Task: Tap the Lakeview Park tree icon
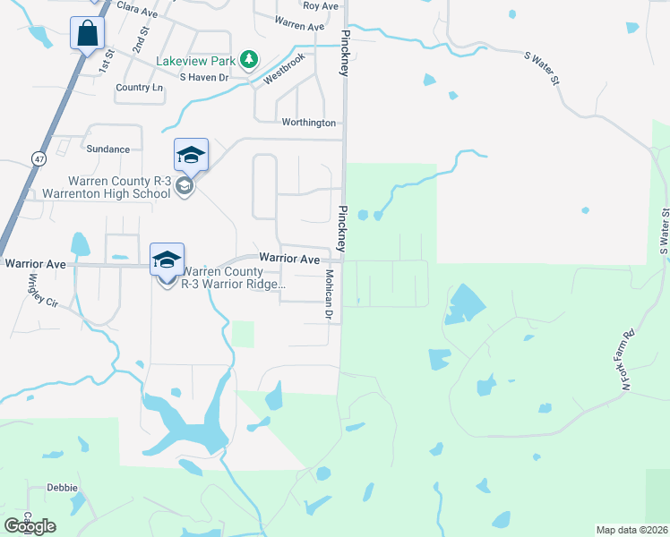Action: click(x=250, y=61)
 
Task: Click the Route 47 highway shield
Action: click(x=38, y=158)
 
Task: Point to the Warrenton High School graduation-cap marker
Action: click(x=191, y=157)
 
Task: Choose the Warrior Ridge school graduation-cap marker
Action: click(x=167, y=260)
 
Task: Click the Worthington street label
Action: click(x=308, y=123)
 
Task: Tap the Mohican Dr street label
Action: click(x=329, y=295)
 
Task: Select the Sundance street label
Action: click(x=108, y=149)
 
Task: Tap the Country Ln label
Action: click(x=140, y=88)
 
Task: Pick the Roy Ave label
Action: click(x=321, y=5)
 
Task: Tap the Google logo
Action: click(x=30, y=525)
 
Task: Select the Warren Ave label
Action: click(x=299, y=26)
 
